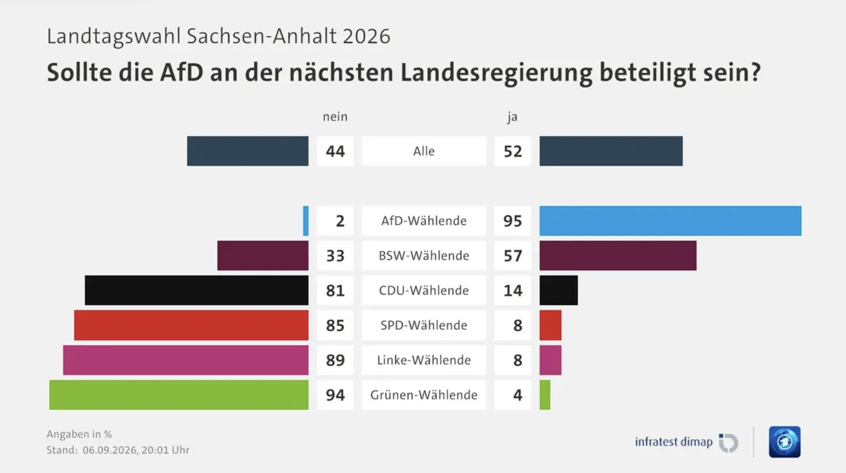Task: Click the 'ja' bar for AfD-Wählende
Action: click(x=670, y=221)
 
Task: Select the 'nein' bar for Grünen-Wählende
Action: click(x=179, y=395)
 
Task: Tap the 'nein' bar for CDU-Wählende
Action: click(x=197, y=290)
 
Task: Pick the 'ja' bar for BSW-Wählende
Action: click(x=618, y=255)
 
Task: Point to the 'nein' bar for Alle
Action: click(x=248, y=151)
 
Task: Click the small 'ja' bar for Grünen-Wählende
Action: click(x=545, y=395)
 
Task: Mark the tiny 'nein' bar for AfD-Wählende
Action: click(x=306, y=221)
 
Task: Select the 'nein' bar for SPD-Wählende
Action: click(x=191, y=325)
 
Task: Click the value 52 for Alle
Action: click(x=513, y=151)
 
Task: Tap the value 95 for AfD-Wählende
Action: click(x=513, y=221)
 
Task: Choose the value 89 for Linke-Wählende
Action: click(x=335, y=360)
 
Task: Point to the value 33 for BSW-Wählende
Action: click(x=335, y=255)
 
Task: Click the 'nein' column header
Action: click(x=335, y=117)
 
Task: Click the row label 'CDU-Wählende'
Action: click(x=424, y=290)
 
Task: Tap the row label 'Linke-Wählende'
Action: click(x=424, y=360)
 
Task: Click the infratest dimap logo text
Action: click(x=674, y=442)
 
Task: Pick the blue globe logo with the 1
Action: click(x=785, y=442)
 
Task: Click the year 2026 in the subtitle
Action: click(x=367, y=36)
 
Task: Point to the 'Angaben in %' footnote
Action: click(x=79, y=434)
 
